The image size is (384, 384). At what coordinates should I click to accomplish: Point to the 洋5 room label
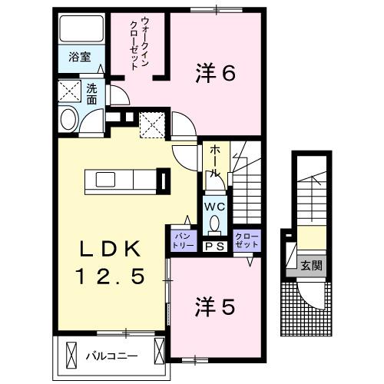[216, 306]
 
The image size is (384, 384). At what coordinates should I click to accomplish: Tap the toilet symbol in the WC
[214, 224]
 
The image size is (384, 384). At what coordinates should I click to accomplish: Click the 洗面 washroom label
[91, 94]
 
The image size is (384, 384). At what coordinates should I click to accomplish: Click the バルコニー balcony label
[111, 356]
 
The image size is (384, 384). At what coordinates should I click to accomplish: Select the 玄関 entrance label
[311, 266]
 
